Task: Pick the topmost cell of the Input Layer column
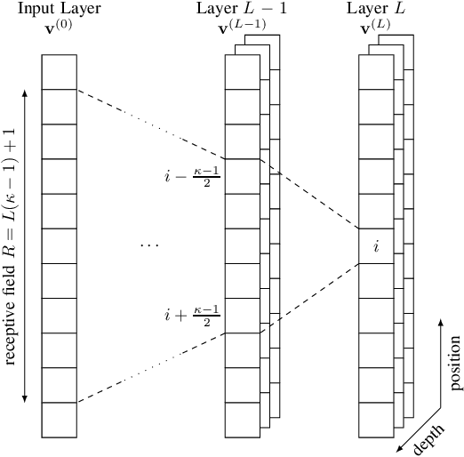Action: pos(60,72)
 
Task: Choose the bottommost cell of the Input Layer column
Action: pos(60,421)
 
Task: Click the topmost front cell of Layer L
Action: pos(376,72)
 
